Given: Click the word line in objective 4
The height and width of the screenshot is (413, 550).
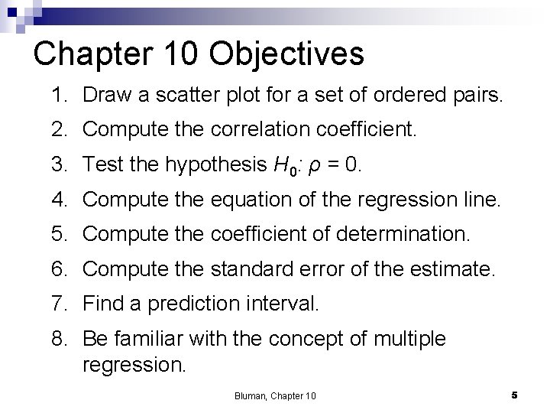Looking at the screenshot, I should pyautogui.click(x=484, y=201).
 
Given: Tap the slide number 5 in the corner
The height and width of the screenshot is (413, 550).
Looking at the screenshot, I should pyautogui.click(x=515, y=395).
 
